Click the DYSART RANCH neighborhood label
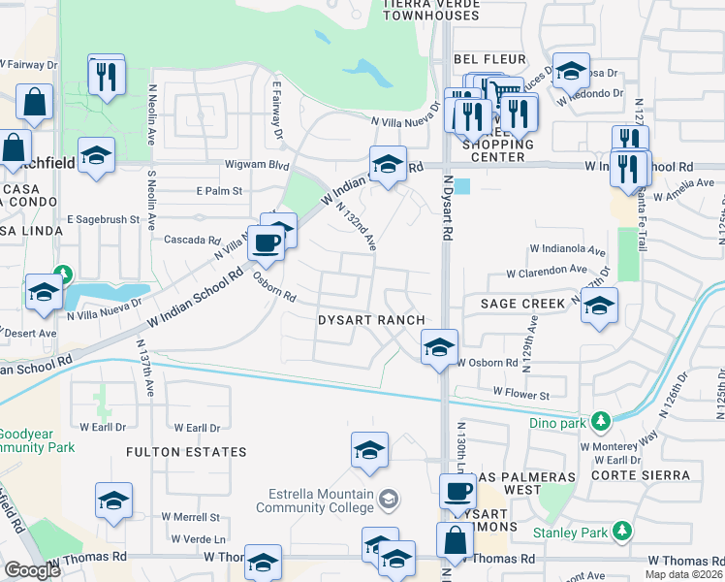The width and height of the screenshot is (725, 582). [x=372, y=320]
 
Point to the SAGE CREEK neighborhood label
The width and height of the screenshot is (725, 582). [x=521, y=304]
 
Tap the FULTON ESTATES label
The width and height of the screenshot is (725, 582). [x=185, y=452]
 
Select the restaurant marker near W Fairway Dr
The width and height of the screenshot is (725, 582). [x=107, y=75]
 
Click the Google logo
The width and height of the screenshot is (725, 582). [x=32, y=570]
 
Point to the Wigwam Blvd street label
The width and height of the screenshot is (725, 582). [x=257, y=166]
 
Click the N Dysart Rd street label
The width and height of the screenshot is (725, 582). [x=447, y=208]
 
